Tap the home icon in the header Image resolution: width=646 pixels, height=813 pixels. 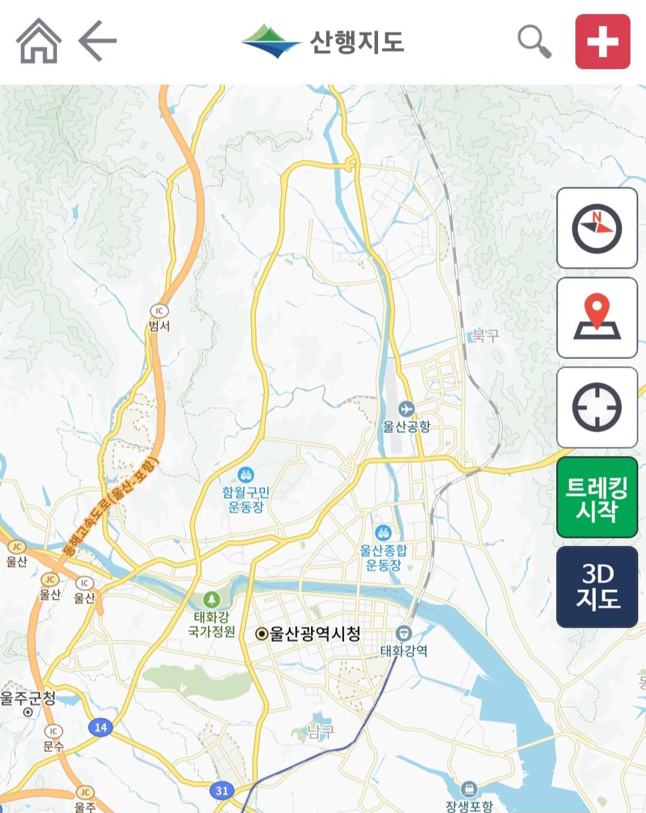tap(39, 41)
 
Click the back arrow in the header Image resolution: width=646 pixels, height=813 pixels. tap(97, 41)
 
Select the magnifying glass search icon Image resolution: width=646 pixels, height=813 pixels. tap(534, 41)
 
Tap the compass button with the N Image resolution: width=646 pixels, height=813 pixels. tap(596, 228)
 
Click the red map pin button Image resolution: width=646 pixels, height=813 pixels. tap(596, 318)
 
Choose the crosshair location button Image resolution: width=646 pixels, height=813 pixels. tap(596, 407)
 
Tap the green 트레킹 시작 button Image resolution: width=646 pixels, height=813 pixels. tap(596, 497)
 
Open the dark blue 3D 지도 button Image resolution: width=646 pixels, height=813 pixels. tap(596, 586)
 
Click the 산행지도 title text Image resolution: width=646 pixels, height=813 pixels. tap(356, 42)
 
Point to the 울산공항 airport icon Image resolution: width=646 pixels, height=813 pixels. tap(406, 409)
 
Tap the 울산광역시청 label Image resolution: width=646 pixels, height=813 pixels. tap(315, 634)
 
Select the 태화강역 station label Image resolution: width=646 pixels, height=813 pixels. tap(404, 651)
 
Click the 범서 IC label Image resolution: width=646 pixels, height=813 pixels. tap(160, 325)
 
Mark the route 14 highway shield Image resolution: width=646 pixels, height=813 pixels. tap(100, 727)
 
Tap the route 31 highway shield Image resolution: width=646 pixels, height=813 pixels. tap(222, 791)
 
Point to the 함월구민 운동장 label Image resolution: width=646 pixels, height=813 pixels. tap(246, 500)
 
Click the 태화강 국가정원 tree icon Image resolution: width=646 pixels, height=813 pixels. tap(211, 599)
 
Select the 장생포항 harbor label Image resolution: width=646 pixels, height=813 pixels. tap(469, 805)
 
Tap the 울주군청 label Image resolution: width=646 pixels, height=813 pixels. tap(28, 698)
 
